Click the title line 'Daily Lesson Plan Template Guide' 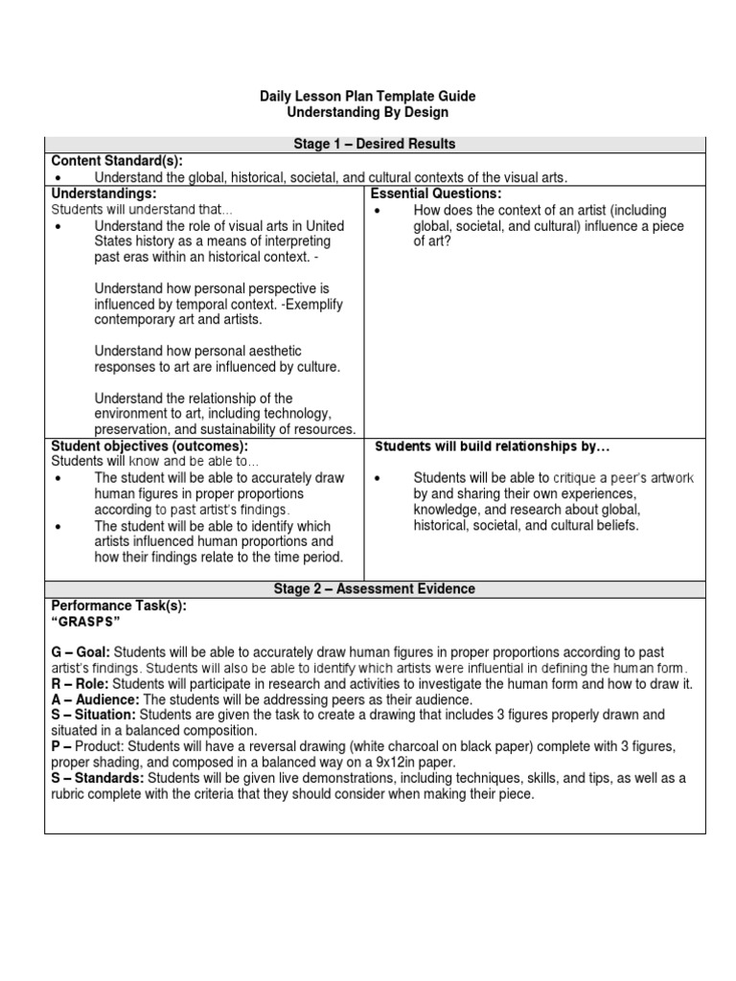coord(367,97)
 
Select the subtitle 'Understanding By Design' coord(367,112)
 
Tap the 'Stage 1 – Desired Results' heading coord(374,144)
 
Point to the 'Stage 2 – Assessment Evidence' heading coord(374,589)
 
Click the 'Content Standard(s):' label coord(116,160)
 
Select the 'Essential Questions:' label coord(436,194)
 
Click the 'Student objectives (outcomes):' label coord(149,446)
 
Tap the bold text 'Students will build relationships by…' coord(492,446)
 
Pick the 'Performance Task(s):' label coord(119,605)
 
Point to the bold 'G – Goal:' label coord(81,652)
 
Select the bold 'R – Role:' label coord(80,684)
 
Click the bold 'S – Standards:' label coord(98,779)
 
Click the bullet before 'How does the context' coord(379,211)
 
